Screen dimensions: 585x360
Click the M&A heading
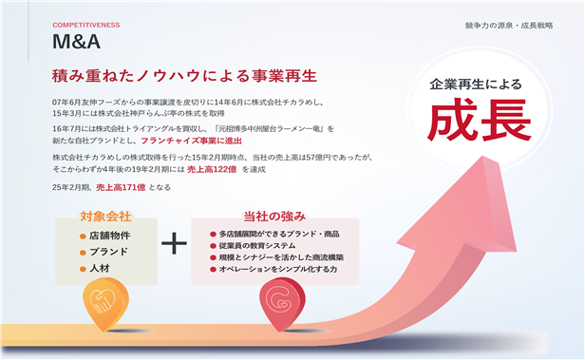point(76,42)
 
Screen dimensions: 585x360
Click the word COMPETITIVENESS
point(86,25)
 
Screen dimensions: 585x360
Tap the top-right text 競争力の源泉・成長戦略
point(509,26)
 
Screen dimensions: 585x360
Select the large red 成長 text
point(480,120)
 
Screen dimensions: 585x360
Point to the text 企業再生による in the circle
point(475,85)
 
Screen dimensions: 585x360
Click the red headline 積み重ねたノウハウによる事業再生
point(184,76)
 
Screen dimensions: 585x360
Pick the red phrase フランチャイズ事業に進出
point(192,141)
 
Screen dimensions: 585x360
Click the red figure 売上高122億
point(212,169)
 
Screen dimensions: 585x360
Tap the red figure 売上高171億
point(121,187)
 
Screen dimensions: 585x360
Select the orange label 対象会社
point(105,217)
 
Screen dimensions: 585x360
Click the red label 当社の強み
point(274,217)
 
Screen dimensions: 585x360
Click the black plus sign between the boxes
point(174,243)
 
